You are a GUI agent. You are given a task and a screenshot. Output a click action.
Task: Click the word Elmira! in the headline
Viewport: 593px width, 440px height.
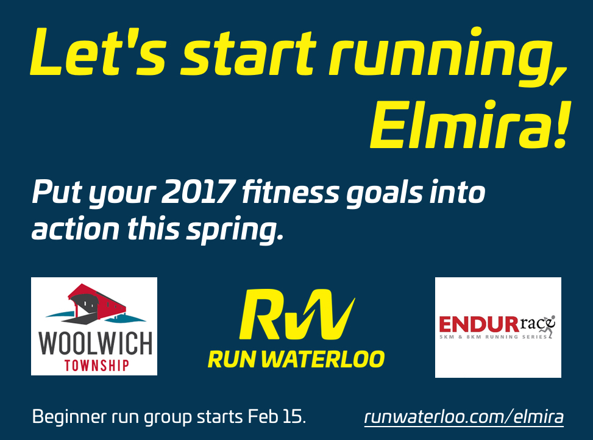tap(469, 125)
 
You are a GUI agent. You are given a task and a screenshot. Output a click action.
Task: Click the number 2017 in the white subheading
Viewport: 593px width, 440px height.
tap(197, 192)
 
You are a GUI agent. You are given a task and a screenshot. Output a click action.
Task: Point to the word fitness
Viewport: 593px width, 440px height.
tap(291, 191)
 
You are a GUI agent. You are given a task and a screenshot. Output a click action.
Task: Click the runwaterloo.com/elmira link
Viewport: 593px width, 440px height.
tap(464, 417)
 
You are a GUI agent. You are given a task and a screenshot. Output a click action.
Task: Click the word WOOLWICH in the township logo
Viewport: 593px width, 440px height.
tap(95, 343)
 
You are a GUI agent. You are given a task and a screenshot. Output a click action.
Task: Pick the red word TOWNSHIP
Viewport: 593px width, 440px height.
tap(96, 366)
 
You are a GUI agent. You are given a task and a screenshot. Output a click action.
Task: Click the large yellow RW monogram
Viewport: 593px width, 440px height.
tap(297, 314)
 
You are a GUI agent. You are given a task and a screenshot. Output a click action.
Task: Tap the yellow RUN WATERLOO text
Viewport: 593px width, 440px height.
tap(296, 359)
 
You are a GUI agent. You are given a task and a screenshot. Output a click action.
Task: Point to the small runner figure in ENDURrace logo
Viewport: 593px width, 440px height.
tap(548, 326)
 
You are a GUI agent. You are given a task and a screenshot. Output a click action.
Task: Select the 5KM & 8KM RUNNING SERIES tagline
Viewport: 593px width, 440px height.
tap(493, 337)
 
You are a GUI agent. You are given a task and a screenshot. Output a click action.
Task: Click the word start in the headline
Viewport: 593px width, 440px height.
tap(247, 52)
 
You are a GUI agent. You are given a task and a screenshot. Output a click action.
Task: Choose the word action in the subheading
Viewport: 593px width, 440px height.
tap(75, 230)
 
